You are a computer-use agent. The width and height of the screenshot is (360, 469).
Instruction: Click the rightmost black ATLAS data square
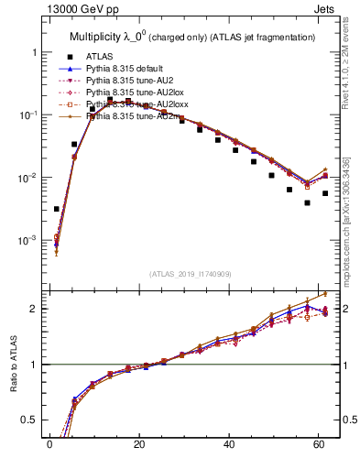pyautogui.click(x=325, y=193)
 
